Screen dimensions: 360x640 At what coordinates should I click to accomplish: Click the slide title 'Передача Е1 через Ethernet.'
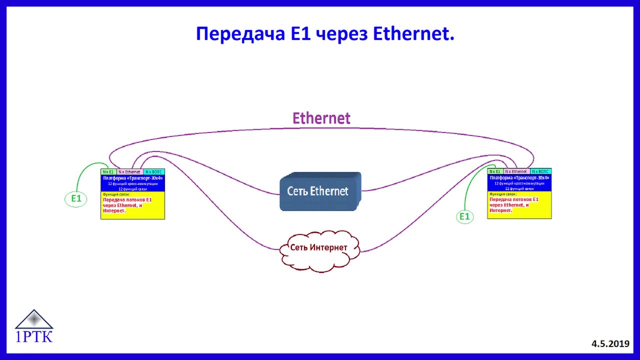coord(325,34)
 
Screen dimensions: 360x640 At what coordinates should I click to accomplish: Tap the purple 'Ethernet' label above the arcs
coord(321,118)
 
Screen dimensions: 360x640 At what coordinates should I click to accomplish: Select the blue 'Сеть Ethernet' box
coord(318,191)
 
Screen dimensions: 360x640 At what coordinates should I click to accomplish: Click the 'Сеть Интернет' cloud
coord(320,248)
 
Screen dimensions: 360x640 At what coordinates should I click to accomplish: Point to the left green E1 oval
coord(76,199)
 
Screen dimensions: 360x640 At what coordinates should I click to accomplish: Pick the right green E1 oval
coord(465,216)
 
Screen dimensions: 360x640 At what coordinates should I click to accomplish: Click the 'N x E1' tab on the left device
coord(108,171)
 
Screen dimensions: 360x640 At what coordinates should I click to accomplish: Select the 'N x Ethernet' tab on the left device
coord(129,171)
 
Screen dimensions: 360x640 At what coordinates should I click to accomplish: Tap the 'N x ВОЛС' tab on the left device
coord(153,171)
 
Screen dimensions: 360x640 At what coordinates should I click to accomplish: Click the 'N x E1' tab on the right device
coord(495,171)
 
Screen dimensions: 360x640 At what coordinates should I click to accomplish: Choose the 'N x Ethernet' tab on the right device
coord(516,171)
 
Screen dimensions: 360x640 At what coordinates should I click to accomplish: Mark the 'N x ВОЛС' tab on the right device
coord(540,171)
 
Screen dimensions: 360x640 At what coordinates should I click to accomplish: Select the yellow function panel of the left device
coord(132,205)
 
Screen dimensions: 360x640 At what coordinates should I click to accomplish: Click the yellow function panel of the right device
coord(519,205)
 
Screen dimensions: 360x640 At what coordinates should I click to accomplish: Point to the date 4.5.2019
coord(610,343)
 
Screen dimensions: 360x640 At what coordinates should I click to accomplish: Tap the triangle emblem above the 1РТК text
coord(34,318)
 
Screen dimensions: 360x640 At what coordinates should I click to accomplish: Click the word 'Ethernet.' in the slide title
coord(413,34)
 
